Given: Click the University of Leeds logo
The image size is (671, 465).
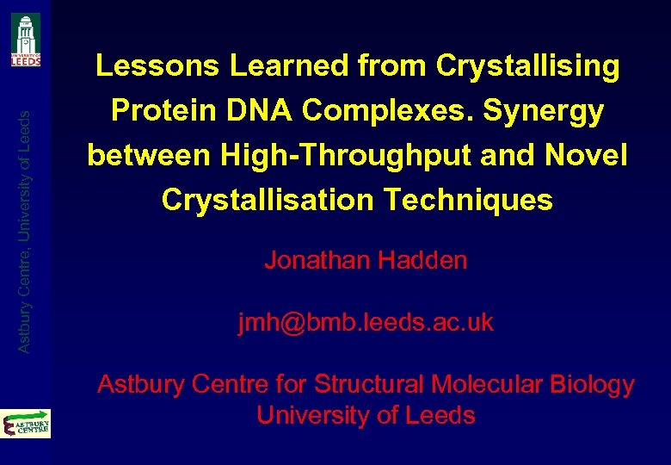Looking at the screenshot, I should tap(26, 40).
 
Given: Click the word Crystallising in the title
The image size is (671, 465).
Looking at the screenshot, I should tap(527, 66).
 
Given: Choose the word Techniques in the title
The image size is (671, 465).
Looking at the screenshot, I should tap(469, 201).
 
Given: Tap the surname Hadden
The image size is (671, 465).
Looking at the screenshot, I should tap(424, 260).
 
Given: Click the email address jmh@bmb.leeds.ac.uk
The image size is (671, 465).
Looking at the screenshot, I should tap(366, 322).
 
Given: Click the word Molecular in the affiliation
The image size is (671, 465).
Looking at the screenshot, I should tap(486, 384).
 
